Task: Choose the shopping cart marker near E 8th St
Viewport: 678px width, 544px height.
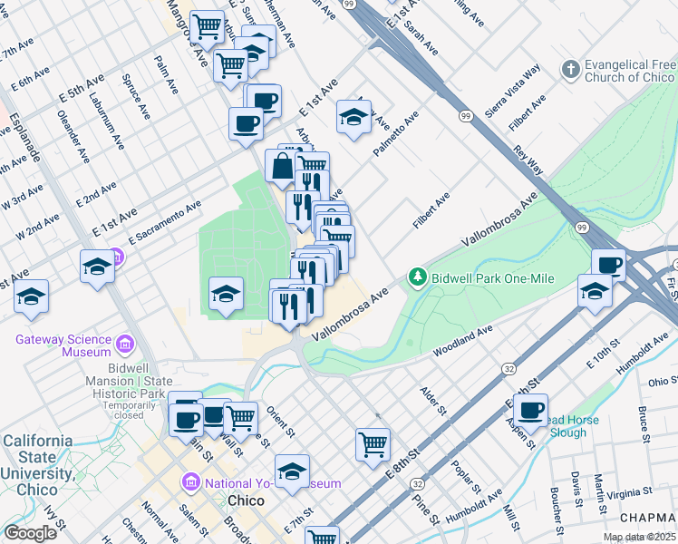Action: (373, 444)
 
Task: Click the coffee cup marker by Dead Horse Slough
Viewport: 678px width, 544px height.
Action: (530, 410)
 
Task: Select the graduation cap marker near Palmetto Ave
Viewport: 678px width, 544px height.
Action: (354, 116)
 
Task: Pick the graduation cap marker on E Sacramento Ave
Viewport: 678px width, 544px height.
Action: (97, 267)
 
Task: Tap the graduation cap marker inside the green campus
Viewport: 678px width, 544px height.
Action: (226, 293)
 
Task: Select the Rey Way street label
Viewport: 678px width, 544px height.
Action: (528, 160)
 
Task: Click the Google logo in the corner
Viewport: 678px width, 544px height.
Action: (30, 533)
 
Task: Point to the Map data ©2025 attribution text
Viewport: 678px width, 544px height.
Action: (638, 537)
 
